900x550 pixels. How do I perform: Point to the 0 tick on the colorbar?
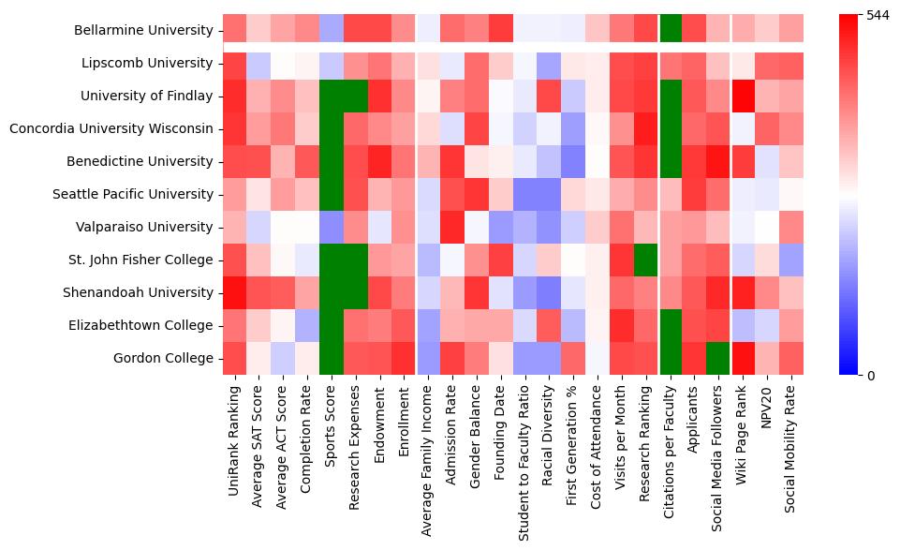pos(872,376)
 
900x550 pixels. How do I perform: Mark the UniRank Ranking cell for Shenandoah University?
pos(235,293)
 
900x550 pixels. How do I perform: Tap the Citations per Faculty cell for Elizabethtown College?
pos(671,326)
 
